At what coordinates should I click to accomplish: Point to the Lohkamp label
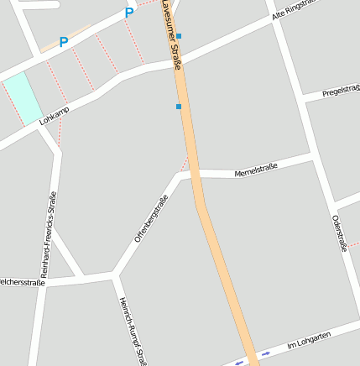(x=54, y=116)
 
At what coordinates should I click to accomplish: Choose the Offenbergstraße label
(x=152, y=218)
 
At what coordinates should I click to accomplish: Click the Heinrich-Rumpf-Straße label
(x=133, y=331)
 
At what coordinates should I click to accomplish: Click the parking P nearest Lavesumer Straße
(x=128, y=13)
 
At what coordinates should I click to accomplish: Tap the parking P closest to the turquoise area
(x=64, y=41)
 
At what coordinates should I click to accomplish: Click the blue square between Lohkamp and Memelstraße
(x=178, y=107)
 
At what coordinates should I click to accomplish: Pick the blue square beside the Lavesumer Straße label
(x=178, y=36)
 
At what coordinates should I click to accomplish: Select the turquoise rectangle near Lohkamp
(x=23, y=97)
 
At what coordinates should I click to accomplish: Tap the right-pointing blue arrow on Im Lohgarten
(x=266, y=353)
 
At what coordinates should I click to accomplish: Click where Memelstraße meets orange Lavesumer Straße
(x=195, y=174)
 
